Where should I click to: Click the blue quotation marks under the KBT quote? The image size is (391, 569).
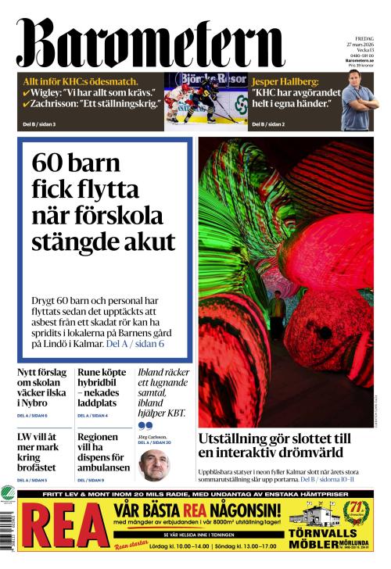click(x=145, y=425)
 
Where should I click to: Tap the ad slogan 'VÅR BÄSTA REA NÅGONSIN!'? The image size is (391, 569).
click(x=198, y=510)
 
